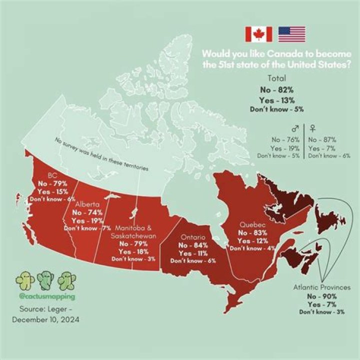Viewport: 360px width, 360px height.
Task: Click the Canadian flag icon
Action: pos(258,34)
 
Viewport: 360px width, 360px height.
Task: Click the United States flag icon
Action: pos(291,34)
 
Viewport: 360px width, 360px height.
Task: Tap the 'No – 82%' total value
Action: pos(276,89)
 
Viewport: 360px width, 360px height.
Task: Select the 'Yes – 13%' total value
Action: pos(276,99)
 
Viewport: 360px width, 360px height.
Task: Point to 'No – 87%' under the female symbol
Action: pos(322,140)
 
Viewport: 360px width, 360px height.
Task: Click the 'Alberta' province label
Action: pos(87,204)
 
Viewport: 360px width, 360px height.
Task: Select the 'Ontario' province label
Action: pos(193,236)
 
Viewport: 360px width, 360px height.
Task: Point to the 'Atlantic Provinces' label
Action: pos(322,287)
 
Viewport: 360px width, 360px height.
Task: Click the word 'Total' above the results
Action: pos(276,78)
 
